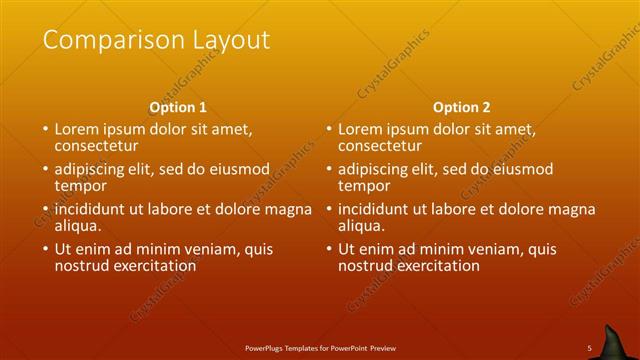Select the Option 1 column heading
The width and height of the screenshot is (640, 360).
(178, 107)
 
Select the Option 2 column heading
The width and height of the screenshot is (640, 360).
(462, 107)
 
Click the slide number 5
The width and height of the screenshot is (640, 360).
(589, 347)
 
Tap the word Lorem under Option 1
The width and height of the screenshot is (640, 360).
(76, 129)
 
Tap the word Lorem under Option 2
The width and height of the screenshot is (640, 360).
(360, 129)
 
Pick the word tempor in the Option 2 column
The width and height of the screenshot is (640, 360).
(364, 186)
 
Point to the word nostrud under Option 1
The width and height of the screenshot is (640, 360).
(83, 266)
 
